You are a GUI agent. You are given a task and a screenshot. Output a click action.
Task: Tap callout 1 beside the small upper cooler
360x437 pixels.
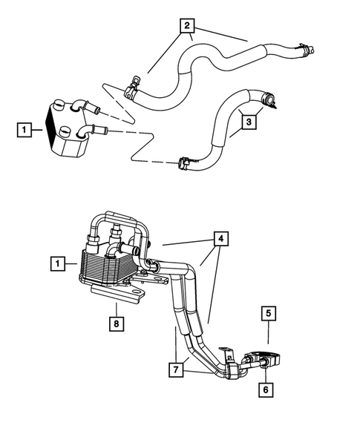coord(24,131)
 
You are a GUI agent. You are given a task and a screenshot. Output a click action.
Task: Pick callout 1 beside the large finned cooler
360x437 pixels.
coord(55,263)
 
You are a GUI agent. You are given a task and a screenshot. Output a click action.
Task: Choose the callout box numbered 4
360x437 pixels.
coord(220,240)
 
